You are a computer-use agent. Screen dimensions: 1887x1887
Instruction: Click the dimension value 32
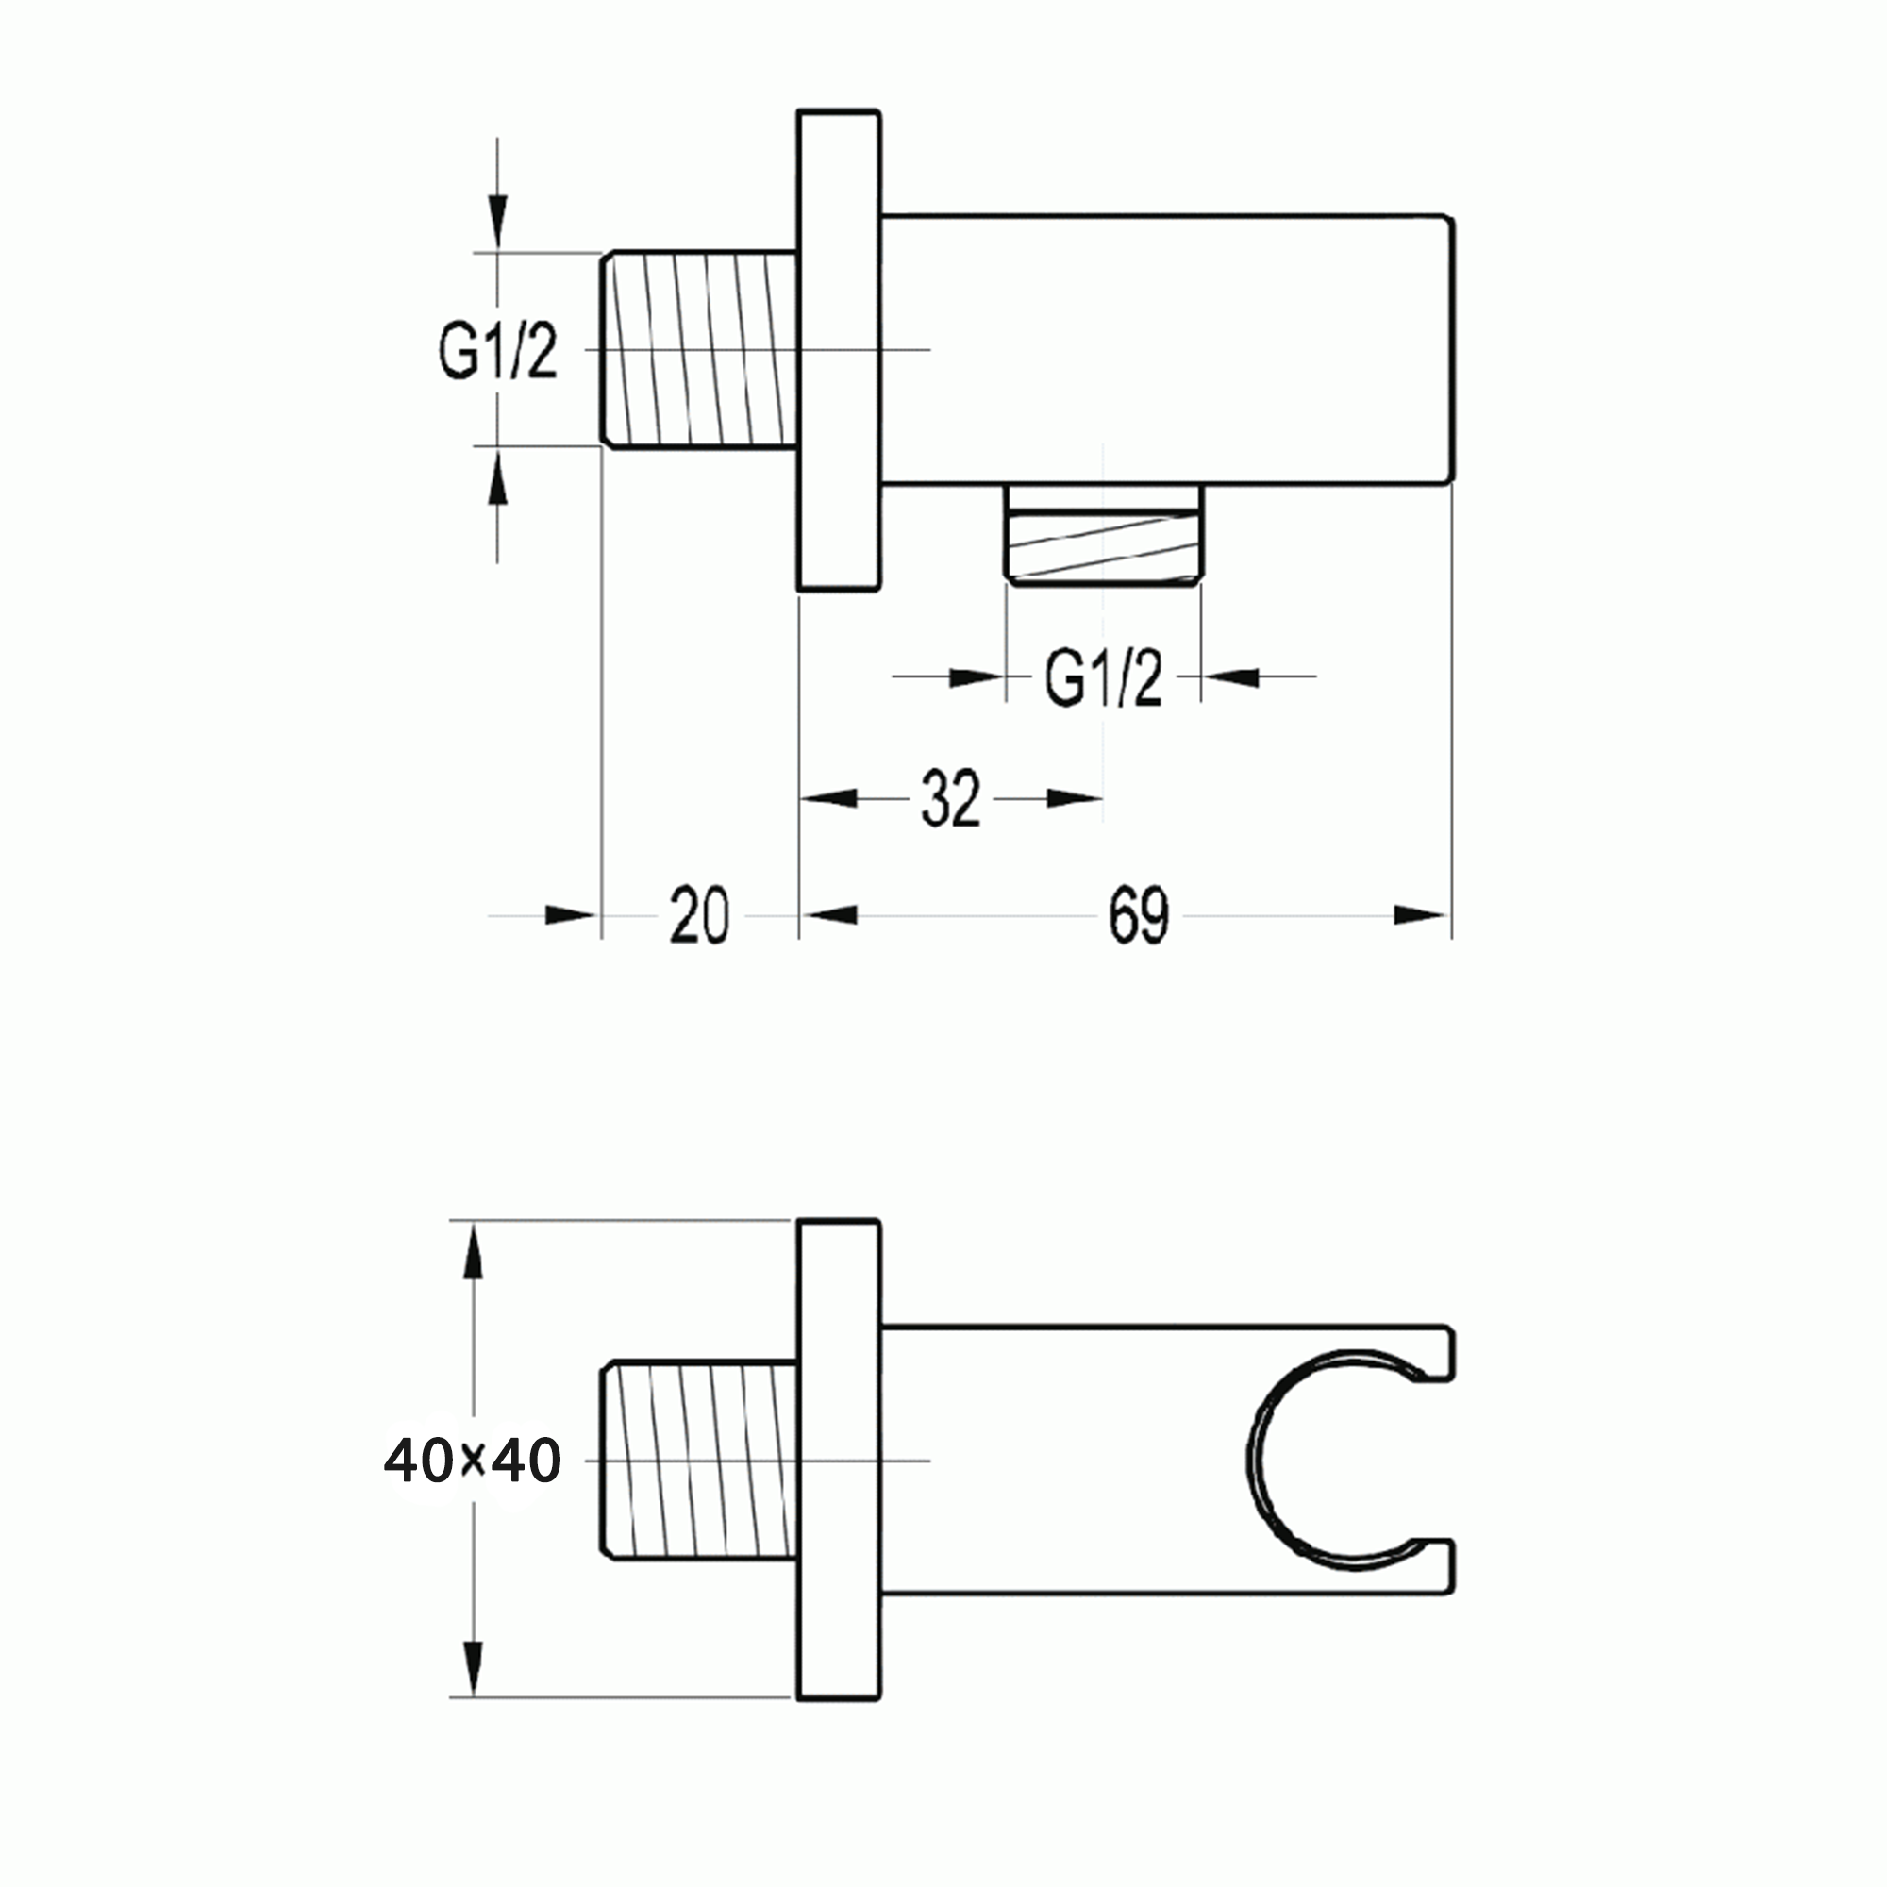pyautogui.click(x=949, y=799)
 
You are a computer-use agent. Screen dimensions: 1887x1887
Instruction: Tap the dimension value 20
pyautogui.click(x=699, y=915)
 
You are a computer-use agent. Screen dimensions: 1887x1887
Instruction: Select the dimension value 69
pyautogui.click(x=1139, y=916)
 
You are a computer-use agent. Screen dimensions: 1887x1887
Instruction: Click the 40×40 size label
pyautogui.click(x=473, y=1461)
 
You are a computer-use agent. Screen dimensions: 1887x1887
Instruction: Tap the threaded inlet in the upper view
pyautogui.click(x=699, y=350)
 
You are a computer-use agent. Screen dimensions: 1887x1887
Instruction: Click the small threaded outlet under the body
pyautogui.click(x=1104, y=547)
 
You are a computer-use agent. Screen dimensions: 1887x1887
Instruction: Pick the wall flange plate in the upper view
pyautogui.click(x=839, y=350)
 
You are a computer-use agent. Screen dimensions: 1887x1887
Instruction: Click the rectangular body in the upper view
pyautogui.click(x=1167, y=349)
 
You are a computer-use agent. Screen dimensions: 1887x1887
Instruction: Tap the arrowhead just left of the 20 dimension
pyautogui.click(x=570, y=915)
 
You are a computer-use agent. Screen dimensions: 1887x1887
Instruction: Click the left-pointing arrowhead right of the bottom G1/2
pyautogui.click(x=1230, y=676)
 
